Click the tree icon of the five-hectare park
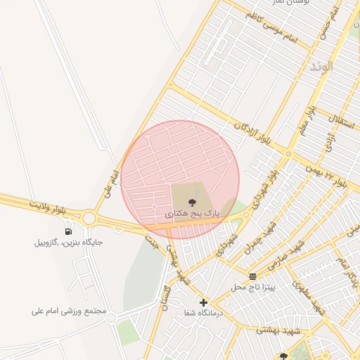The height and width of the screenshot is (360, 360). coord(193,202)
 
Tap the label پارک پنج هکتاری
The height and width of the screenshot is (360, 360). coord(193,212)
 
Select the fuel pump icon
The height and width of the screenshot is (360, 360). coord(68,231)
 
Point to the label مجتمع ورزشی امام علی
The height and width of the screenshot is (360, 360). coord(69,310)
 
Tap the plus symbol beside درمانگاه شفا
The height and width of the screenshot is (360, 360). coord(203,302)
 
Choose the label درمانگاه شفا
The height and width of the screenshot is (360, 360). coord(203,313)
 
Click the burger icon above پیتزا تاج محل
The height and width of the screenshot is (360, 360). coord(252,276)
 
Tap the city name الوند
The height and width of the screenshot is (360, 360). coord(320,67)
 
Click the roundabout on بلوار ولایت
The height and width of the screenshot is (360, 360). coord(89,218)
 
